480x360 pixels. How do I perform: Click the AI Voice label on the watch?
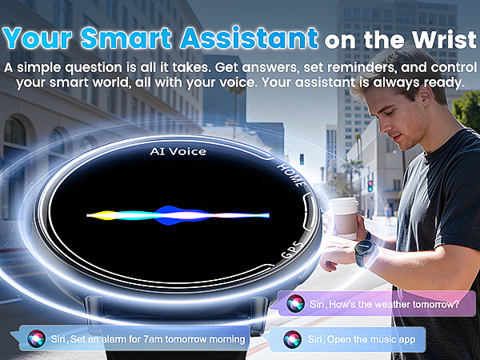tap(178, 151)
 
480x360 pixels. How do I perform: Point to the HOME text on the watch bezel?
tap(289, 172)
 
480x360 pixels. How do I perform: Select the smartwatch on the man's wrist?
tap(366, 253)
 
